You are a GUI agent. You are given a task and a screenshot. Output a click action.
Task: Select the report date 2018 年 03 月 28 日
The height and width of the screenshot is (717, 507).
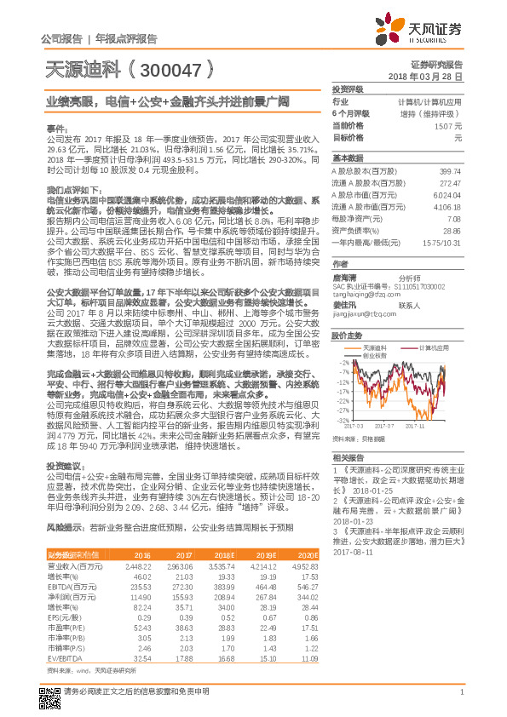430,76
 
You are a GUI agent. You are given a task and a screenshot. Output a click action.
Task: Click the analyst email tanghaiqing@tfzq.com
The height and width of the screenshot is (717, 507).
359,295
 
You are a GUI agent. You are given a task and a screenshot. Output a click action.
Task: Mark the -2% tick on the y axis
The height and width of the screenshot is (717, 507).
343,361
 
